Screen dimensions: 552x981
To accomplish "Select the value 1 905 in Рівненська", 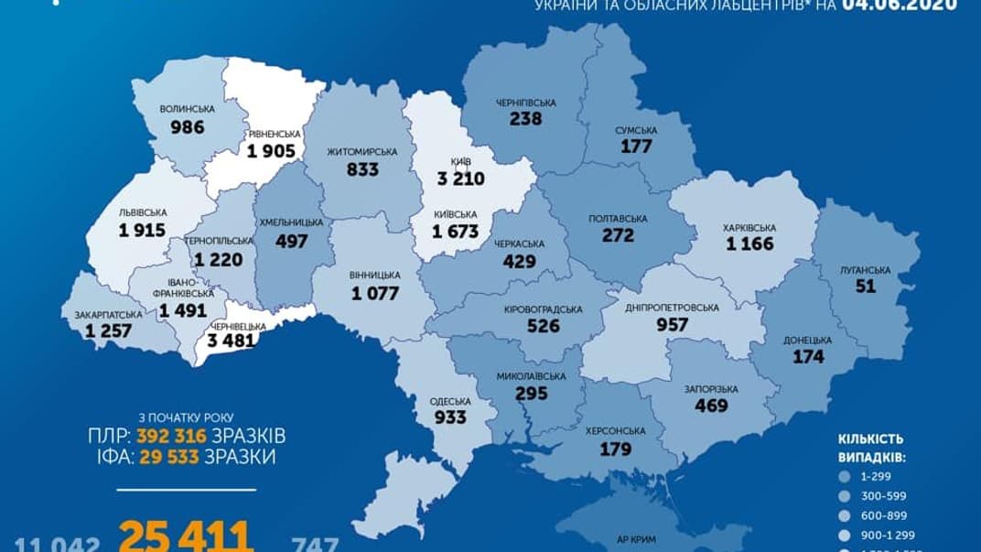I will tap(275, 153).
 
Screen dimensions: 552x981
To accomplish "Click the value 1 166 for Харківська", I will tap(749, 244).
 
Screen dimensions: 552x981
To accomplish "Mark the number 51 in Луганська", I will tap(865, 286).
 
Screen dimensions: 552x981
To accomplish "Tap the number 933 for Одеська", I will tap(450, 417).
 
